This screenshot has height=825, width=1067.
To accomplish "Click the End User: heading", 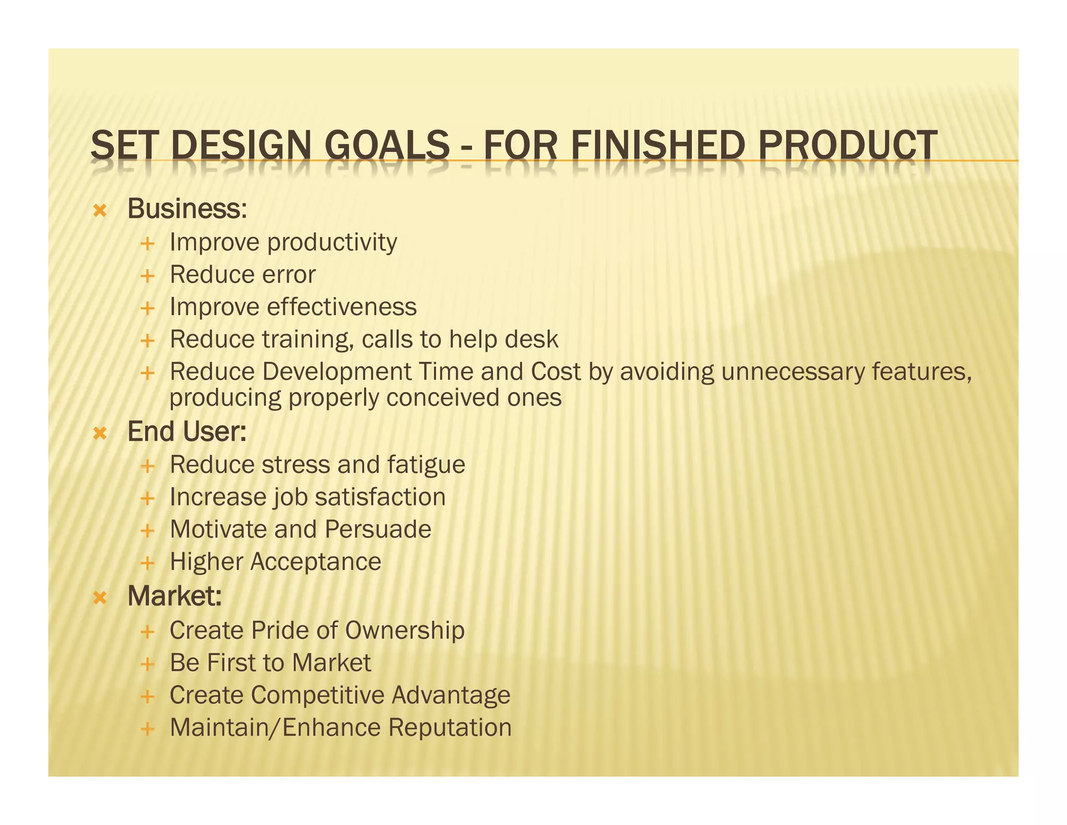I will pos(187,432).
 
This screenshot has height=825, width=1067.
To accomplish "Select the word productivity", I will pos(332,242).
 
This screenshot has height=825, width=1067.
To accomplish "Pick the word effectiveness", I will pos(342,307).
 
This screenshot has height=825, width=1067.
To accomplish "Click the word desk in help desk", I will pos(531,339).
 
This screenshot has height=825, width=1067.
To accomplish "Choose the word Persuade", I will pos(378,529).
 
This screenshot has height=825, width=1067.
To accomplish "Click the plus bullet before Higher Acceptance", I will pos(148,563).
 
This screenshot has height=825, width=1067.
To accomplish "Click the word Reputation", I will pos(450,727).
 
